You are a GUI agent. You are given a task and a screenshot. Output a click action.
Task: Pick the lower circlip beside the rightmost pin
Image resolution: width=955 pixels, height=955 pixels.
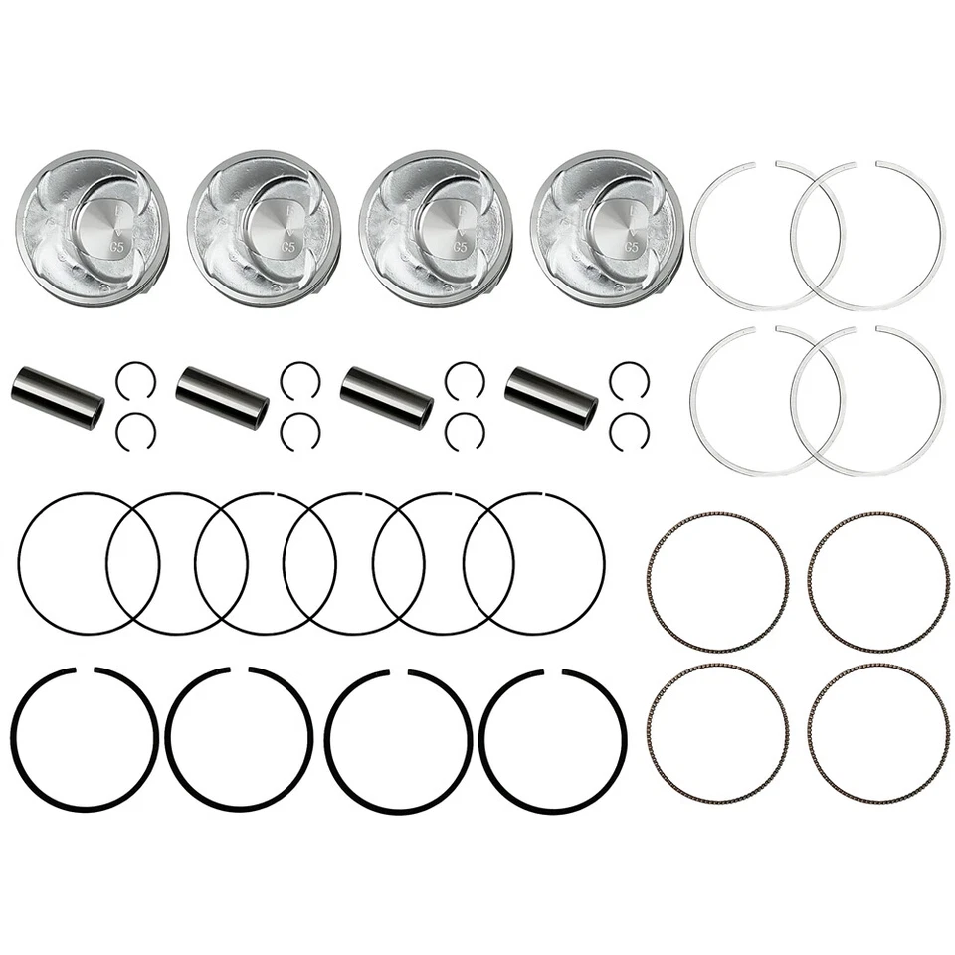point(629,429)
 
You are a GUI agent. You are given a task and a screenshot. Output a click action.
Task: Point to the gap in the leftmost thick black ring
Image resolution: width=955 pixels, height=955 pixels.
point(84,668)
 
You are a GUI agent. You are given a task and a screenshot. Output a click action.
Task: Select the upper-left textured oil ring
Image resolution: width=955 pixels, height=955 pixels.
point(716,582)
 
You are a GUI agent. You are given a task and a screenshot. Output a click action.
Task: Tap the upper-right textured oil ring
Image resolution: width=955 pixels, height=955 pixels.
point(877,582)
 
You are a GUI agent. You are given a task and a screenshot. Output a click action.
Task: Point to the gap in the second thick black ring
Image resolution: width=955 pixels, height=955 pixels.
point(239,668)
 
